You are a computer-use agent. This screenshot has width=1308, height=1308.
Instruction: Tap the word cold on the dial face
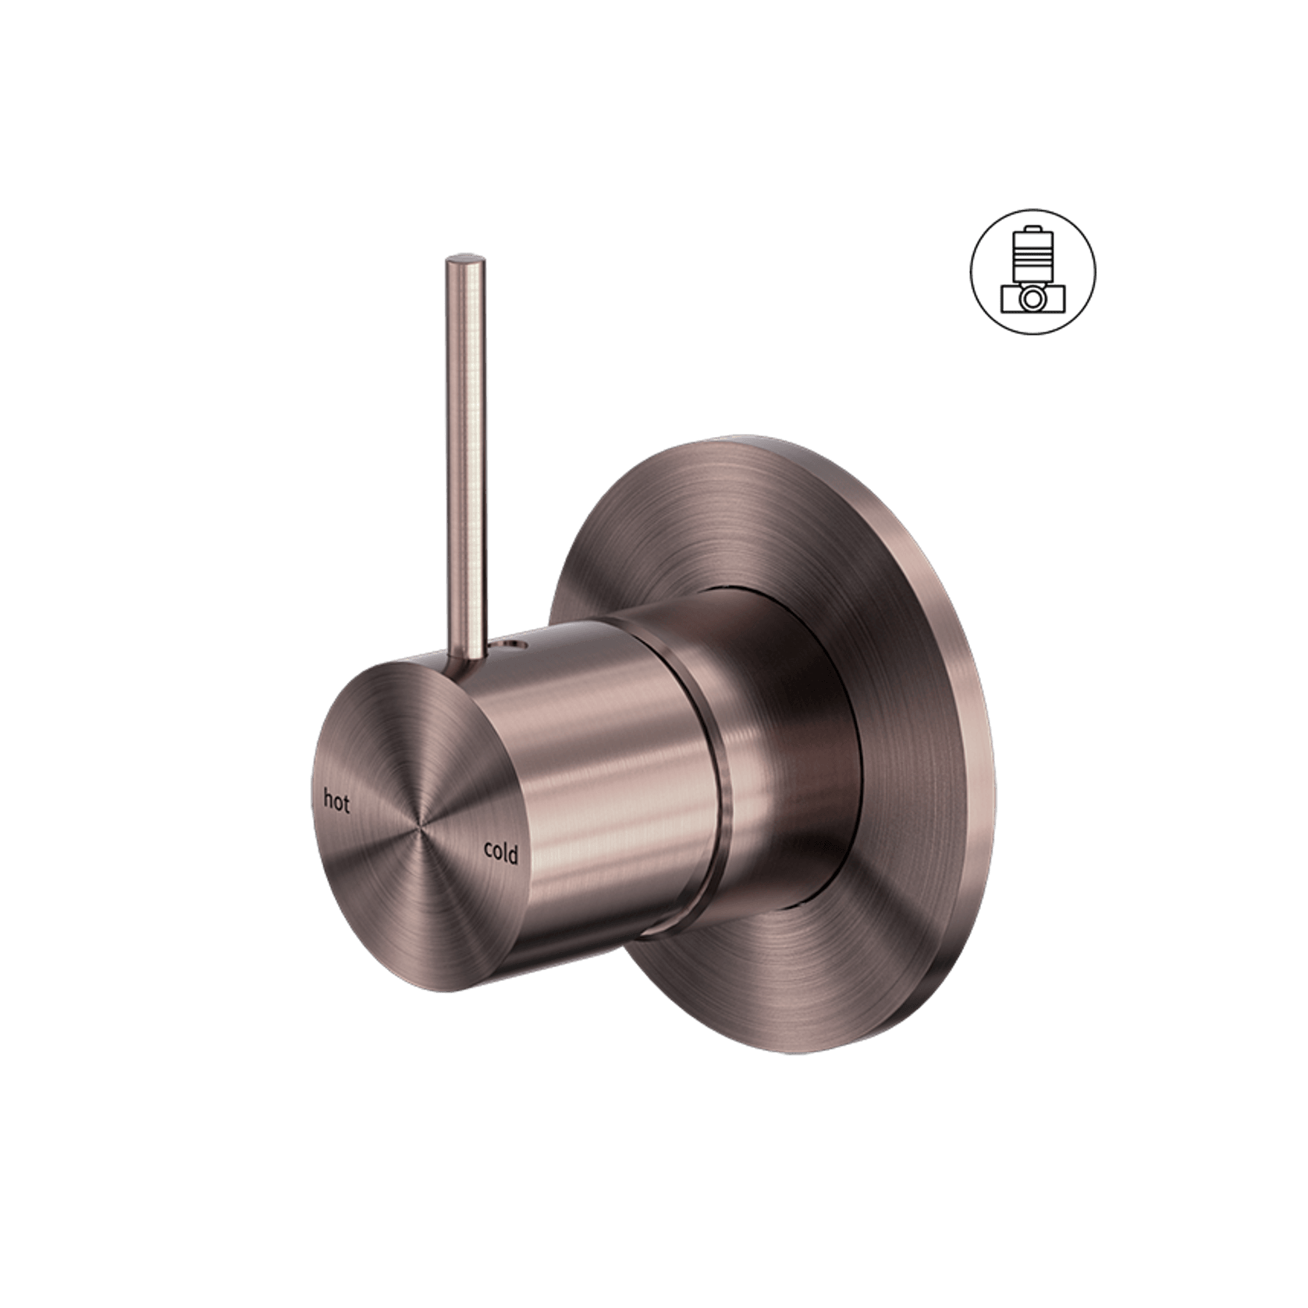point(500,852)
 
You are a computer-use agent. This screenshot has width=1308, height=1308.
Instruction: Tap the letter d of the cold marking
point(513,854)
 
